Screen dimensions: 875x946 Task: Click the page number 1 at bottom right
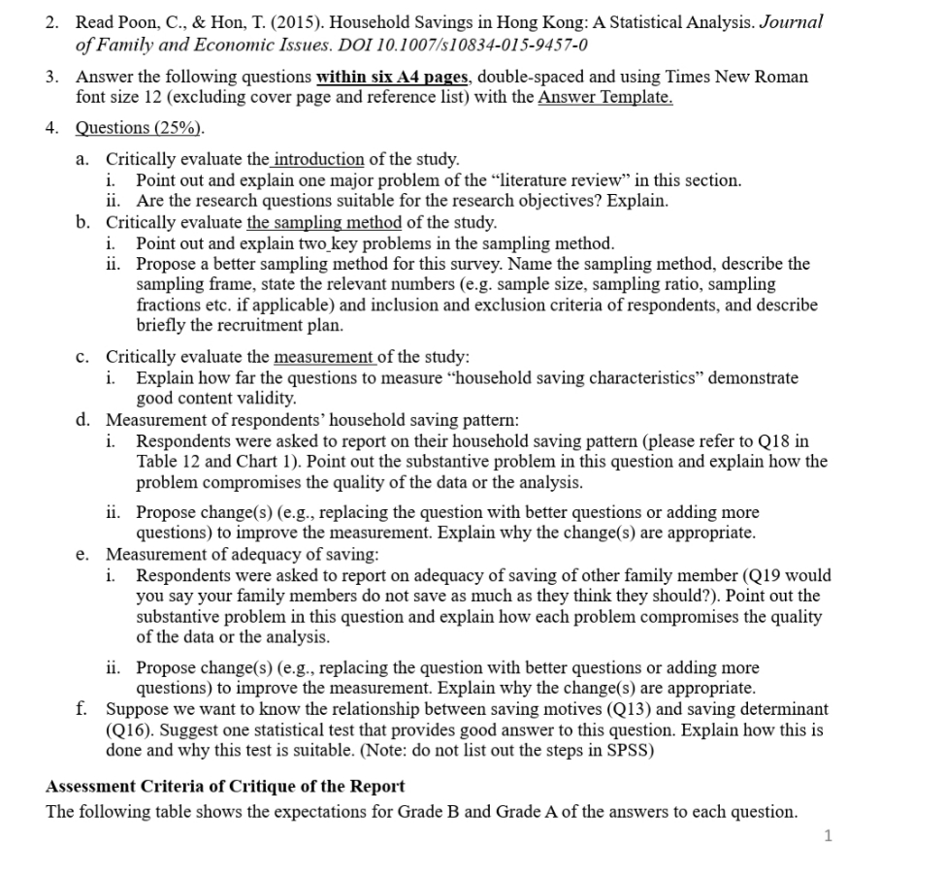coord(827,835)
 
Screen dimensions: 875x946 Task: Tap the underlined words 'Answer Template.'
coord(605,97)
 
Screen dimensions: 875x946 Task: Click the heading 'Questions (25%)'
coord(141,128)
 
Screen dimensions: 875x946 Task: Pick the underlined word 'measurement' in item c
coord(324,357)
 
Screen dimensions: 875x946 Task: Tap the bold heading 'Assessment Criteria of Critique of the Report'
coord(225,786)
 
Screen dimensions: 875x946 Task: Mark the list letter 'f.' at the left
coord(82,709)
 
